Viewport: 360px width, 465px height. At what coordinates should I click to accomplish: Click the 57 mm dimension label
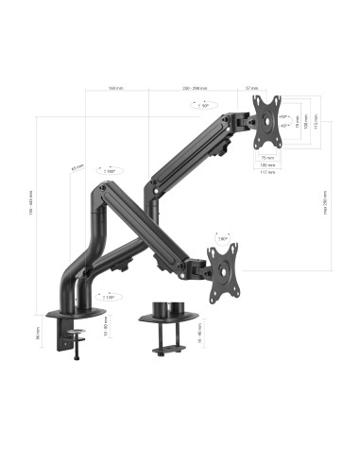point(252,88)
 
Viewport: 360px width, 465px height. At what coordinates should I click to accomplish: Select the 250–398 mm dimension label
point(197,89)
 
